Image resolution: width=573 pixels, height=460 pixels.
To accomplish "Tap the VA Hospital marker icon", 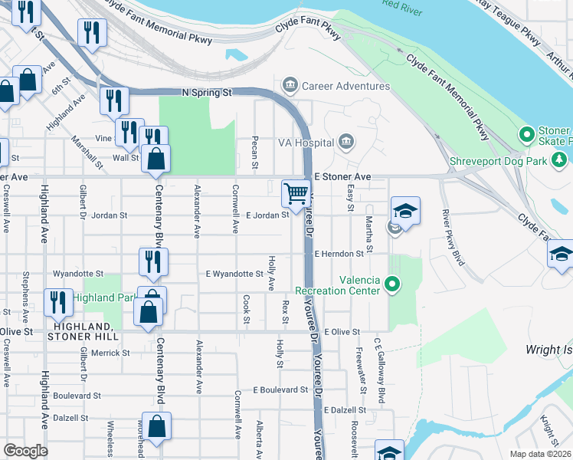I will (x=346, y=142).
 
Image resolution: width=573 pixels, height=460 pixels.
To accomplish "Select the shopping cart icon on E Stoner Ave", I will (x=296, y=193).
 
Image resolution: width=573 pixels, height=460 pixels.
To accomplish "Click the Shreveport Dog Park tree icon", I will (x=560, y=159).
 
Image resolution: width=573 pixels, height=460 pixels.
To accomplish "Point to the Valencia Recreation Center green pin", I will (x=393, y=286).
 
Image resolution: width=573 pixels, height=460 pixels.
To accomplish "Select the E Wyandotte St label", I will (x=234, y=274).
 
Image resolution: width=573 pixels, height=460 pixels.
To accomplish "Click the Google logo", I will (x=25, y=451).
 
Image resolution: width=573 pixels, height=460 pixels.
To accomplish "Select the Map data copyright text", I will (x=541, y=454).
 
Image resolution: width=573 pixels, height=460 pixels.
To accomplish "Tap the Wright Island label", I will (x=548, y=350).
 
